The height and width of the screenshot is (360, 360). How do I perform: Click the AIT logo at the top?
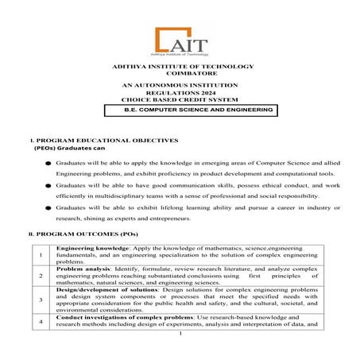tap(180, 41)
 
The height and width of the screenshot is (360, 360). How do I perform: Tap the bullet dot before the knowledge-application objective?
tap(48, 162)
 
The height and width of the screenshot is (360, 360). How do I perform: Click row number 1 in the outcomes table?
tap(41, 255)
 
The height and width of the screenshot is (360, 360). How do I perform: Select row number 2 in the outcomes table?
tap(41, 276)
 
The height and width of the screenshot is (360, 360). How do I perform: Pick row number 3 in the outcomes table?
tap(41, 300)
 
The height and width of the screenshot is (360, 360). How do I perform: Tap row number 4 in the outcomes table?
tap(41, 322)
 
